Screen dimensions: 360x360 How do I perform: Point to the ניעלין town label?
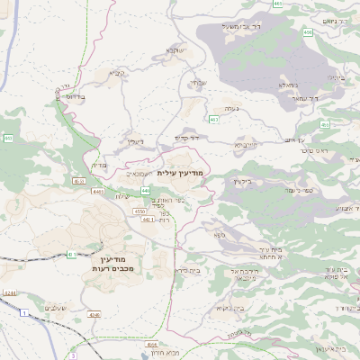(135, 141)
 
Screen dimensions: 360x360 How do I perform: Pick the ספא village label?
(219, 234)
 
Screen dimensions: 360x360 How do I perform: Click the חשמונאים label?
(138, 173)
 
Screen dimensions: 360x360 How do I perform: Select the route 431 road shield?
(70, 255)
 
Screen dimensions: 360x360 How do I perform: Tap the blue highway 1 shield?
(24, 312)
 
